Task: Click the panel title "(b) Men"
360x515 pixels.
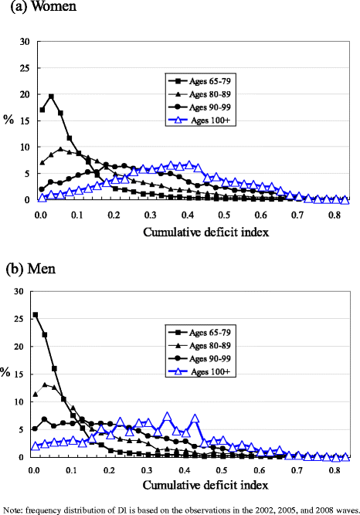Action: click(29, 271)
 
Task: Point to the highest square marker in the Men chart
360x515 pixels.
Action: click(35, 315)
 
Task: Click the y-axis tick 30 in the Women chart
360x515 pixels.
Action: click(24, 42)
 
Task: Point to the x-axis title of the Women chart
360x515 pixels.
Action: click(207, 231)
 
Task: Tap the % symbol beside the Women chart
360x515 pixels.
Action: click(8, 120)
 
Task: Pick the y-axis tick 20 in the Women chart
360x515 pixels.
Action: click(24, 94)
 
